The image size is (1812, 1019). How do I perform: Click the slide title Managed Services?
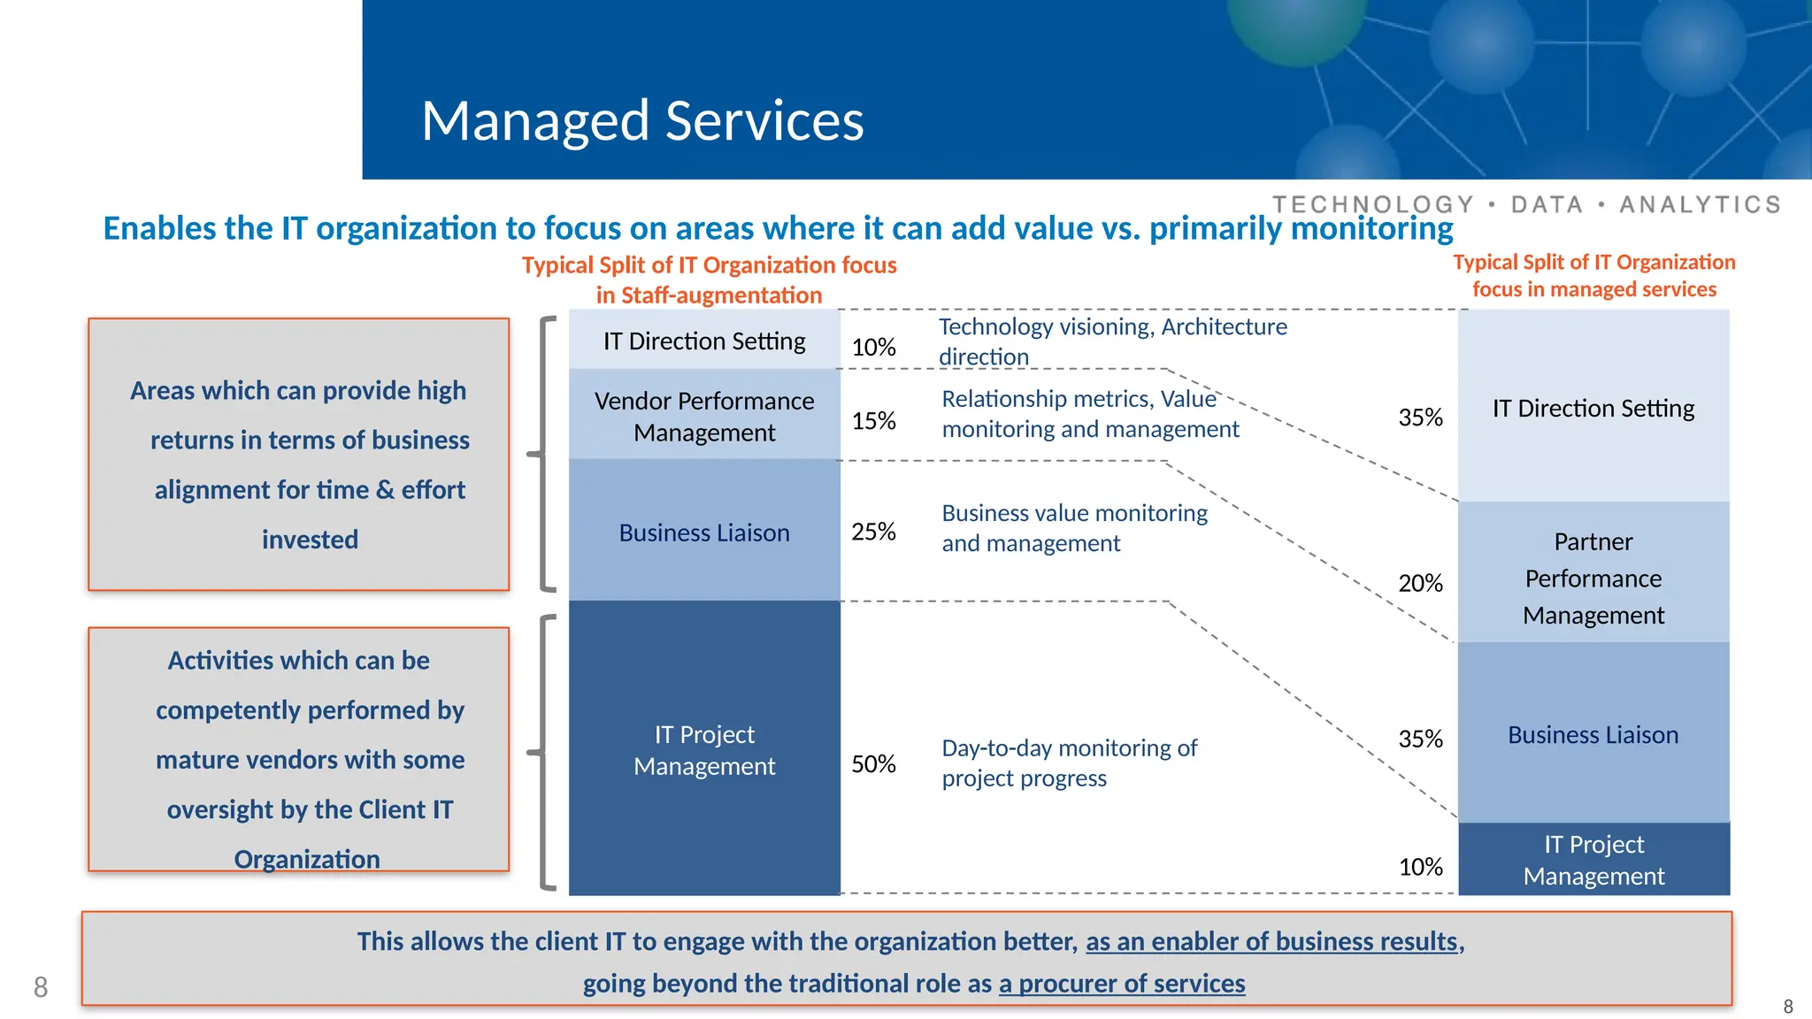(x=642, y=120)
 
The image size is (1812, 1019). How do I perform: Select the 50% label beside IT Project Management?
(x=873, y=764)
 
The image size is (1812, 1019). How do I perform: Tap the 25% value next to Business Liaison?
(x=873, y=532)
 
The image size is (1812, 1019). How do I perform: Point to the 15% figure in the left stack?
(x=873, y=421)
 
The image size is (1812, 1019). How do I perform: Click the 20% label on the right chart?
(x=1420, y=584)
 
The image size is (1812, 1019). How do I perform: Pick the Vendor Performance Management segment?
(x=704, y=416)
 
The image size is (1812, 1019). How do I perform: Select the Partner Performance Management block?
(x=1593, y=578)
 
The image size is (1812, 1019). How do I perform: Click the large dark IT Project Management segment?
(x=704, y=749)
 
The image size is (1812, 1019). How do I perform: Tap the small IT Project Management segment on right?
(x=1593, y=860)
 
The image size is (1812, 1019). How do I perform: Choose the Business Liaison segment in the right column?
(x=1593, y=735)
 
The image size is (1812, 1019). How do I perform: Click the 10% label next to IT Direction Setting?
(x=873, y=348)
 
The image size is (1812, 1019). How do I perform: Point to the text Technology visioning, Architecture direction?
(x=1112, y=341)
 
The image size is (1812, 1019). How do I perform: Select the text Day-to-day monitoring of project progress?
(x=1069, y=762)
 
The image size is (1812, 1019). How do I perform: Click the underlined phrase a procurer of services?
(x=1122, y=984)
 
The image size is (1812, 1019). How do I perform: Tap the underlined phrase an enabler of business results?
(x=1271, y=941)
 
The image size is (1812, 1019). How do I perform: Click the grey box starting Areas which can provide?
(x=299, y=455)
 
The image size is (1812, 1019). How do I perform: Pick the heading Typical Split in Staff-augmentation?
(x=709, y=280)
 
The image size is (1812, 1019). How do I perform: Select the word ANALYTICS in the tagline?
(x=1700, y=205)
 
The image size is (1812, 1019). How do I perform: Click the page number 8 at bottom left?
(x=41, y=987)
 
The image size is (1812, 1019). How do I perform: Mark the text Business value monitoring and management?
(x=1074, y=528)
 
